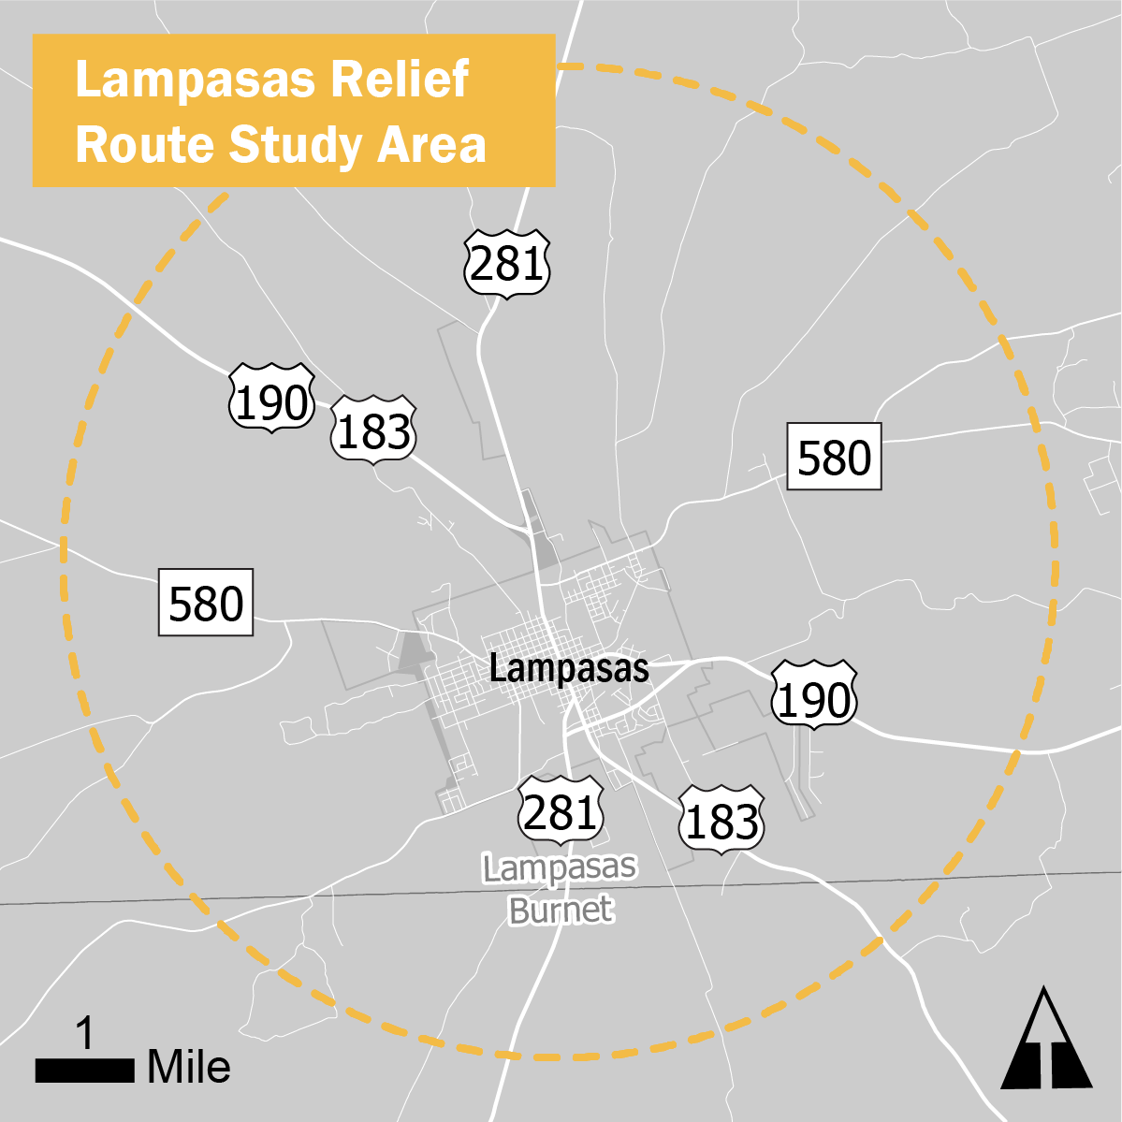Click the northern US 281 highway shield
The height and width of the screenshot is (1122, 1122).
pyautogui.click(x=506, y=264)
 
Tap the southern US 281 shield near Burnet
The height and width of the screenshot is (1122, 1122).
pyautogui.click(x=560, y=811)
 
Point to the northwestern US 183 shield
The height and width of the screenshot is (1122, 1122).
pyautogui.click(x=373, y=432)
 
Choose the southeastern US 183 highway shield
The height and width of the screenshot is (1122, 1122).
pyautogui.click(x=721, y=822)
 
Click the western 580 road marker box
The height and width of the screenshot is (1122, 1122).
pyautogui.click(x=206, y=603)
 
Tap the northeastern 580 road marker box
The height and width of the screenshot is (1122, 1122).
pyautogui.click(x=834, y=457)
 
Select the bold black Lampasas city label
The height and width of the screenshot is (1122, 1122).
pyautogui.click(x=569, y=669)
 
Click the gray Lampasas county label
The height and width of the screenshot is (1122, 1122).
pyautogui.click(x=560, y=868)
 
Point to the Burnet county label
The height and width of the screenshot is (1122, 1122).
pyautogui.click(x=561, y=910)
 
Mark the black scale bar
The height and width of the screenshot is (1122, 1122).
pyautogui.click(x=85, y=1071)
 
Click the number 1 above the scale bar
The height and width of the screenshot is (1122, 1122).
pyautogui.click(x=85, y=1035)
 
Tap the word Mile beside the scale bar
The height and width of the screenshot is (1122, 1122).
pyautogui.click(x=189, y=1068)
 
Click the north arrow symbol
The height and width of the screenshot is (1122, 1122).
pyautogui.click(x=1046, y=1040)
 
